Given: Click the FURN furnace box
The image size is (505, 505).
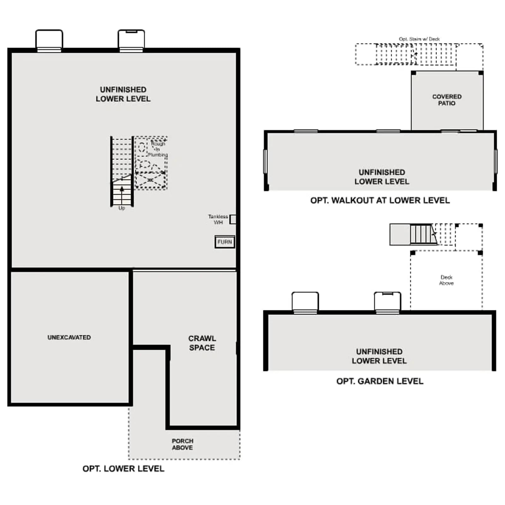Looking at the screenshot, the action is point(225,242).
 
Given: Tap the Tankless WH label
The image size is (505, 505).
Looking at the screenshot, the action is point(218,219).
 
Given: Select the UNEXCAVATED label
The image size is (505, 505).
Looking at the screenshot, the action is point(69,337).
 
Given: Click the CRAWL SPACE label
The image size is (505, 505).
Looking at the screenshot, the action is point(202,343).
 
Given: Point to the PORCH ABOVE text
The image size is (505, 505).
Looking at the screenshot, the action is point(182,444).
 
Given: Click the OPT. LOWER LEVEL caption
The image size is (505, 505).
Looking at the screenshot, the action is point(123,469).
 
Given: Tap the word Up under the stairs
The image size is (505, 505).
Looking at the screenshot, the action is point(122,208).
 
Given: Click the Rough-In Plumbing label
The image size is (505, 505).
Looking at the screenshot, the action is point(158,149).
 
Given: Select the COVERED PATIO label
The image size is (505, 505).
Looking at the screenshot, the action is point(447,100).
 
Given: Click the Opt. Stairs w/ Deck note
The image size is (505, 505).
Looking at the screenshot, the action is point(419,39).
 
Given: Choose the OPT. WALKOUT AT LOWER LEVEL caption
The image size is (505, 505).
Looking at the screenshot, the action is point(380,200).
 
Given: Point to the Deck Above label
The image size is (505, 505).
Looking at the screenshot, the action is point(447,280).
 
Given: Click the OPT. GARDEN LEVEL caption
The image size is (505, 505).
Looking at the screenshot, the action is point(380,381).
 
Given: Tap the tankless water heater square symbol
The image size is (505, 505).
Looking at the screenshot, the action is point(233,219).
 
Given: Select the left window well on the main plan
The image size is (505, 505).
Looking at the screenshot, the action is point(49,41).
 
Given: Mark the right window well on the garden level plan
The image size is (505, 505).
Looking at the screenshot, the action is point(388,302).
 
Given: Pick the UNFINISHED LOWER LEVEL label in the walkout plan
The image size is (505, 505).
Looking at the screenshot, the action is point(382,177).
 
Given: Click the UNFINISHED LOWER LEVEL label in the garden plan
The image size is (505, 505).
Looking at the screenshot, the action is point(379,356).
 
